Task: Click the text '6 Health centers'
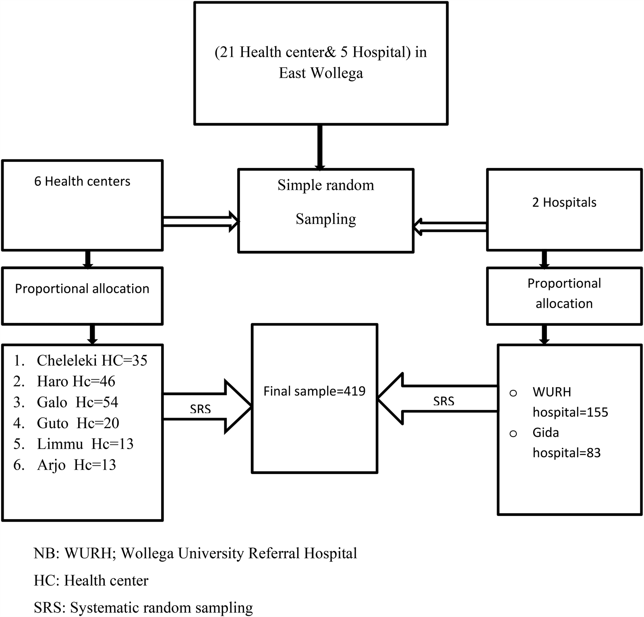pos(82,181)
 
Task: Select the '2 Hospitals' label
pos(564,202)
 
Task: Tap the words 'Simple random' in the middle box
pos(325,185)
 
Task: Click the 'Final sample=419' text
pos(314,391)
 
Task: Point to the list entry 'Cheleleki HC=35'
pos(92,360)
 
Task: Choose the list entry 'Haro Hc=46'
pos(76,381)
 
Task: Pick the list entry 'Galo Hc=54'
pos(77,402)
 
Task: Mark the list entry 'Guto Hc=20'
pos(78,423)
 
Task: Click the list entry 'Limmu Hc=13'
pos(85,444)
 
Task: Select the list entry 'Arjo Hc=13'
pos(76,465)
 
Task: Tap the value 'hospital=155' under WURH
pos(570,412)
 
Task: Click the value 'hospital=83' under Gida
pos(566,453)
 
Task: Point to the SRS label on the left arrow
pos(200,409)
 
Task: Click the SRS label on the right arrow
pos(443,401)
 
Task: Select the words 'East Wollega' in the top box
pos(321,73)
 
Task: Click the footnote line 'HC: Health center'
pos(91,581)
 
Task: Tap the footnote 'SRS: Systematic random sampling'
pos(143,607)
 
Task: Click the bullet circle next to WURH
pos(513,393)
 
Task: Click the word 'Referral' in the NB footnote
pos(274,553)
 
